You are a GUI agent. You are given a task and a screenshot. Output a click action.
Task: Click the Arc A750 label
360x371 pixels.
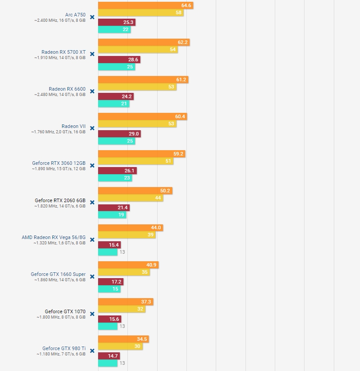[x=75, y=15]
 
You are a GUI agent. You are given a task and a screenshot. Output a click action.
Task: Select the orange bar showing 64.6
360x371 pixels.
[x=145, y=5]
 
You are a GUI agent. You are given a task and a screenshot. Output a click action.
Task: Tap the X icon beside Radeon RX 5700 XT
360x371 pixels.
[x=92, y=54]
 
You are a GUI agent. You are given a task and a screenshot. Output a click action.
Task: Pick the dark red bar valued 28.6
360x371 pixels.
[x=119, y=59]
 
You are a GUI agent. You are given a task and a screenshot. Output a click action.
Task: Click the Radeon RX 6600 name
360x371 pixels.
[x=67, y=89]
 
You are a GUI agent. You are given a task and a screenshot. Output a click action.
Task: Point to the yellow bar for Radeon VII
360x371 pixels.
[x=137, y=124]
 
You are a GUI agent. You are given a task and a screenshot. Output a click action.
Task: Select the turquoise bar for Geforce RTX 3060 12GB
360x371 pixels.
[x=115, y=178]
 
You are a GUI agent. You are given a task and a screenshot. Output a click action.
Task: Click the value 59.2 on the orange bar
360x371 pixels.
[x=178, y=154]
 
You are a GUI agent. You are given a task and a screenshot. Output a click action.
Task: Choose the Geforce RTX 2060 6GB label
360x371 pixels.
[x=60, y=200]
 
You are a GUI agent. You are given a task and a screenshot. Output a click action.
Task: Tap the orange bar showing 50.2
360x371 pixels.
[x=135, y=191]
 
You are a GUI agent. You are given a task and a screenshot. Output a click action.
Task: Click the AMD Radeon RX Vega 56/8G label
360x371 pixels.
[x=53, y=237]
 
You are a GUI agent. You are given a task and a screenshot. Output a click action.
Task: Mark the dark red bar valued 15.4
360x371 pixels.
[x=109, y=245]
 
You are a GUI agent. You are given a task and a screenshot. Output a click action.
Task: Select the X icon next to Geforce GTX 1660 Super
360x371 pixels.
[x=92, y=276]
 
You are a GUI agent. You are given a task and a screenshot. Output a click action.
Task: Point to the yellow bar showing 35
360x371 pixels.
[x=123, y=272]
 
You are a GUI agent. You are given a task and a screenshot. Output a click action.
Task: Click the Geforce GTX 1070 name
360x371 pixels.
[x=65, y=311]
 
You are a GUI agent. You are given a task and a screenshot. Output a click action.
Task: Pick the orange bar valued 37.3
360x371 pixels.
[x=126, y=302]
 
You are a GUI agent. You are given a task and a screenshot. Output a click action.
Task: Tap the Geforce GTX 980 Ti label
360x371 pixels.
[x=64, y=348]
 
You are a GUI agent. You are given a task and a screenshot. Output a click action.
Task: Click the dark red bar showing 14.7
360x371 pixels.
[x=109, y=356]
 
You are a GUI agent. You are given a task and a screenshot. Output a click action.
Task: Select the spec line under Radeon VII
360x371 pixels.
[x=58, y=132]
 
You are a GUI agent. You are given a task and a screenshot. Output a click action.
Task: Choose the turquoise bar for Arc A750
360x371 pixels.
[x=114, y=30]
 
